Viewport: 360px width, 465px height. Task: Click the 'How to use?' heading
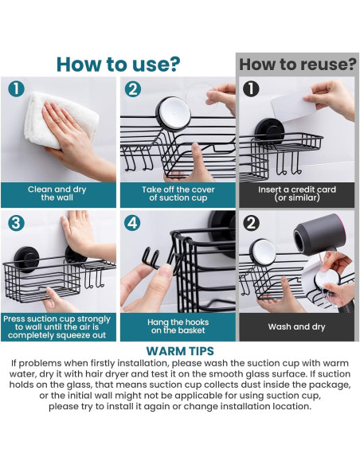[118, 64]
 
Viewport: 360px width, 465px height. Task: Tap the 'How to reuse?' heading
[297, 64]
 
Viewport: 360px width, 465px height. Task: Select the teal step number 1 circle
[16, 88]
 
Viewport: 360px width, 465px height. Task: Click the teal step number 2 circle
[132, 89]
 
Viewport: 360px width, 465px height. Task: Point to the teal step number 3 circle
[16, 223]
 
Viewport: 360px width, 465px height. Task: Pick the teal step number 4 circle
[132, 223]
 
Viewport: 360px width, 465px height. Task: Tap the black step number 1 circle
[251, 88]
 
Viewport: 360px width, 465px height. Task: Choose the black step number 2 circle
[251, 223]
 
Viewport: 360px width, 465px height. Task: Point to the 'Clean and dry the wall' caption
[57, 193]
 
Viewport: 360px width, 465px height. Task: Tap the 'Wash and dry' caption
[296, 326]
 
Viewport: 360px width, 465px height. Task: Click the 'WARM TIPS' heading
[180, 351]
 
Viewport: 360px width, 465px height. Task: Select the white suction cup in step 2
[174, 114]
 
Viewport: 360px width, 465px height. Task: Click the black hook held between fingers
[155, 260]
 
